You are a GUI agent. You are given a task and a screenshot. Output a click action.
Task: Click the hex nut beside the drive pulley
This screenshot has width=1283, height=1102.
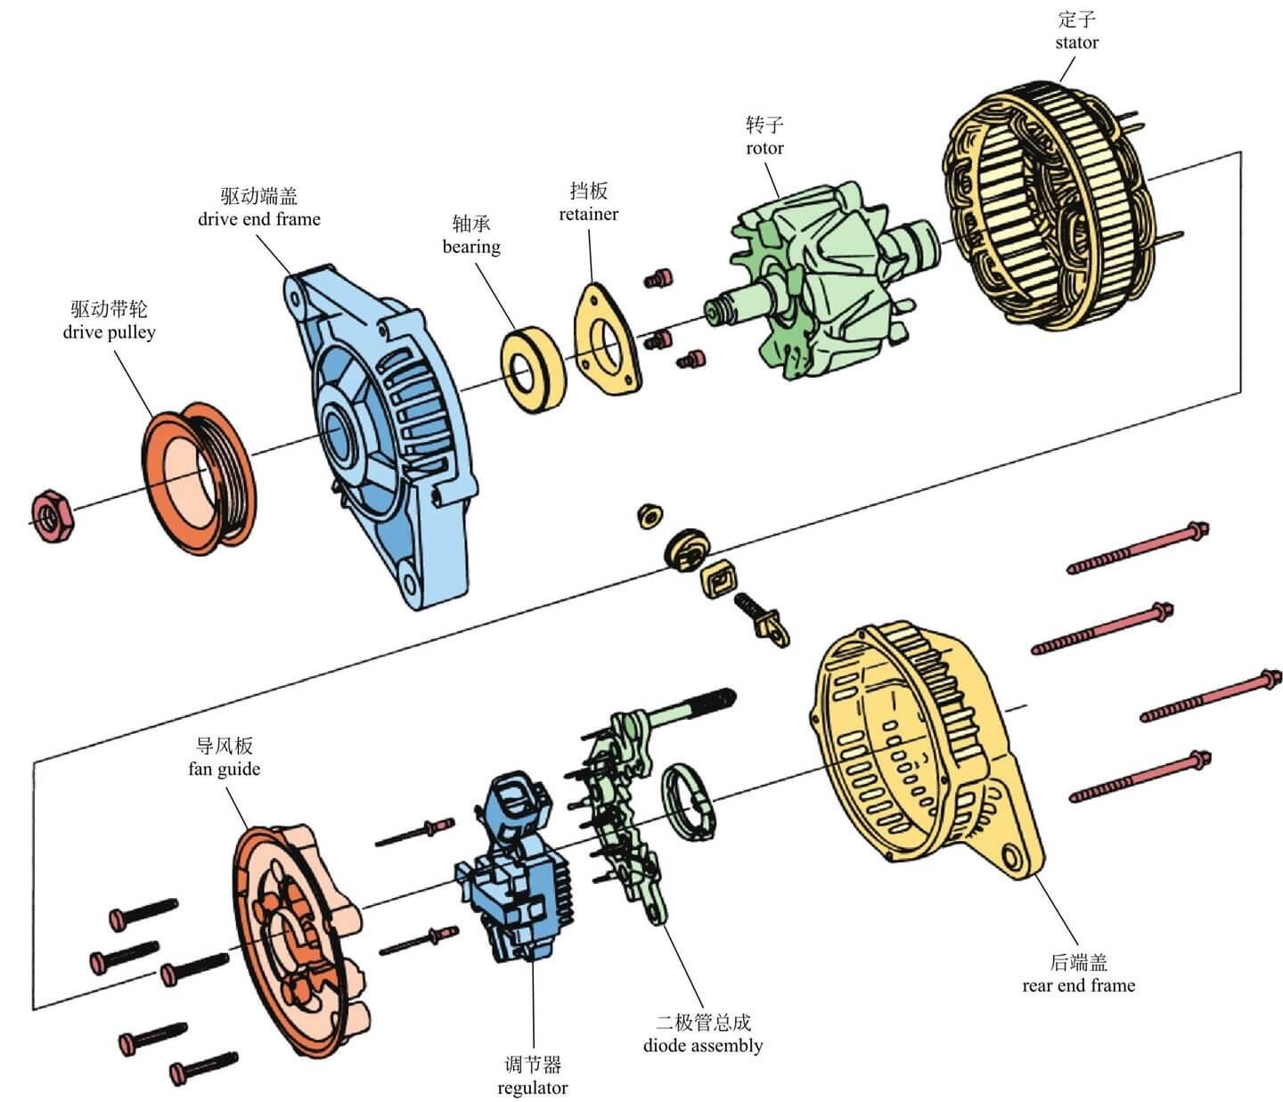[53, 515]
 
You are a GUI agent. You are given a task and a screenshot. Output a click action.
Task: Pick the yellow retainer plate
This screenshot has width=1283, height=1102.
[606, 339]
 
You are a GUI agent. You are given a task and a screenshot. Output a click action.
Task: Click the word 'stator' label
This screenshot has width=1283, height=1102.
[1076, 43]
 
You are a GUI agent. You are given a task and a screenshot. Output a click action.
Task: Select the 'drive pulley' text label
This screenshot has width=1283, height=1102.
[109, 332]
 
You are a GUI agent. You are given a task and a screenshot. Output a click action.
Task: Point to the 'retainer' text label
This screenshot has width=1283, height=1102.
[588, 214]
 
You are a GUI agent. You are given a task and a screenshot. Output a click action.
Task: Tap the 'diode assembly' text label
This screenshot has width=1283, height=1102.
[703, 1045]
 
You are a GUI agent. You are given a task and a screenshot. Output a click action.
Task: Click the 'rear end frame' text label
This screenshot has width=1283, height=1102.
[1078, 985]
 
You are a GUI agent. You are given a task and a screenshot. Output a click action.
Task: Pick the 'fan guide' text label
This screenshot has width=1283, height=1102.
[224, 769]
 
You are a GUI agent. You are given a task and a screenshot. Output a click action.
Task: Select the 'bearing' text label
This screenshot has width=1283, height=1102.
[471, 247]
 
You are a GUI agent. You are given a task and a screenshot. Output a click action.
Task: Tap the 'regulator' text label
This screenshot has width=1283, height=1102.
[532, 1088]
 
